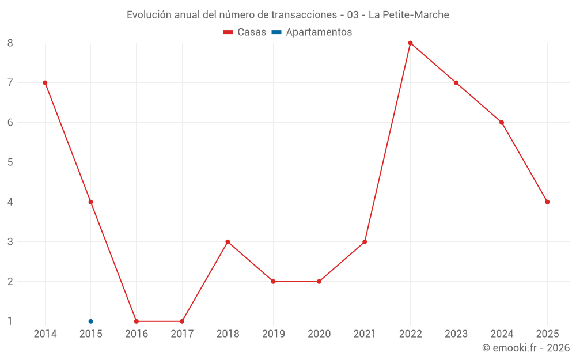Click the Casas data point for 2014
[x=45, y=82]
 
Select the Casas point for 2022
[x=410, y=43]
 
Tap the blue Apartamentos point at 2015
[x=90, y=321]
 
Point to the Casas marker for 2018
[x=228, y=242]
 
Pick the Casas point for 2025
[x=547, y=202]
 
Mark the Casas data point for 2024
[x=502, y=122]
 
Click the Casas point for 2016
[x=137, y=321]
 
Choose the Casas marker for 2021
[x=365, y=242]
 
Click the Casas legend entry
[x=245, y=32]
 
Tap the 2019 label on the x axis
[x=273, y=334]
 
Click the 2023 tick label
[x=456, y=334]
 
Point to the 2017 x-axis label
[x=182, y=334]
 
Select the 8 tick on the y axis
[x=10, y=43]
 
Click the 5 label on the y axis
[x=10, y=162]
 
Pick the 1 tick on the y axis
[x=10, y=321]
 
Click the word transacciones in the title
[x=300, y=14]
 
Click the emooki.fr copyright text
[x=525, y=348]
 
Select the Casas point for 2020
[x=319, y=282]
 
